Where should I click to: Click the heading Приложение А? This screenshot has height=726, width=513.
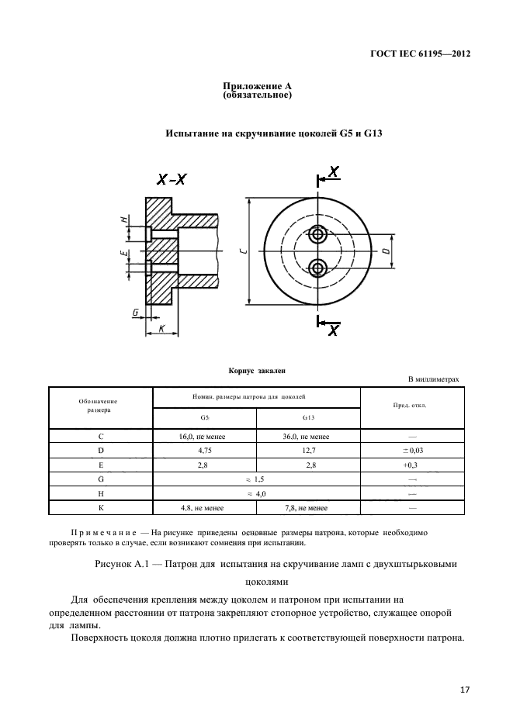pos(256,86)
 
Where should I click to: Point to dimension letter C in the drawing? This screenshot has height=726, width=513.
pos(242,251)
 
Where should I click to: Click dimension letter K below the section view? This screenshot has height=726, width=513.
pos(161,329)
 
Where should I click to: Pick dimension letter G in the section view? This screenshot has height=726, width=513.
pos(136,313)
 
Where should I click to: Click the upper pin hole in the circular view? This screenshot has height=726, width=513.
pos(317,233)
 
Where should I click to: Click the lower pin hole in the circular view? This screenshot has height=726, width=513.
pos(317,268)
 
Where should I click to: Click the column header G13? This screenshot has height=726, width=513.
pos(308,417)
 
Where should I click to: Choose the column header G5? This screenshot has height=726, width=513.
pos(204,417)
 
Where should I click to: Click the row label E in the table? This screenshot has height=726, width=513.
pos(101,465)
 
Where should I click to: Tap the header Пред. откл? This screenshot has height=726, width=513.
pos(412,406)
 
